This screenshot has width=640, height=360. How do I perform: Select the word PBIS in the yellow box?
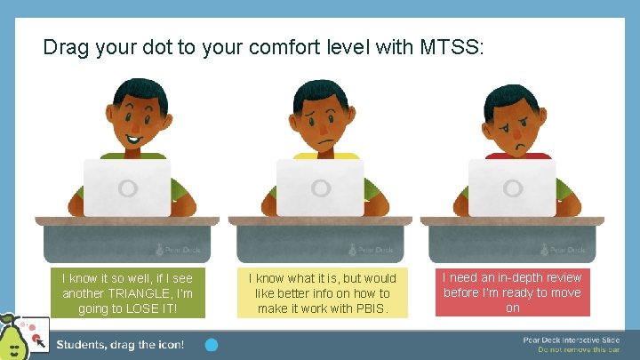(x=377, y=308)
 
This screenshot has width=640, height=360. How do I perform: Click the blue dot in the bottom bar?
(x=212, y=344)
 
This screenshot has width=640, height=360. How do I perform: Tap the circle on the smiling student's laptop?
(x=127, y=188)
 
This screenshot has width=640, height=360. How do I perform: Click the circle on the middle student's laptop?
(x=320, y=188)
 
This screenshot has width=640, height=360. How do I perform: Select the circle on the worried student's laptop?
(x=512, y=188)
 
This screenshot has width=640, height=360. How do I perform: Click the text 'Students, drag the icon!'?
(x=120, y=344)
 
